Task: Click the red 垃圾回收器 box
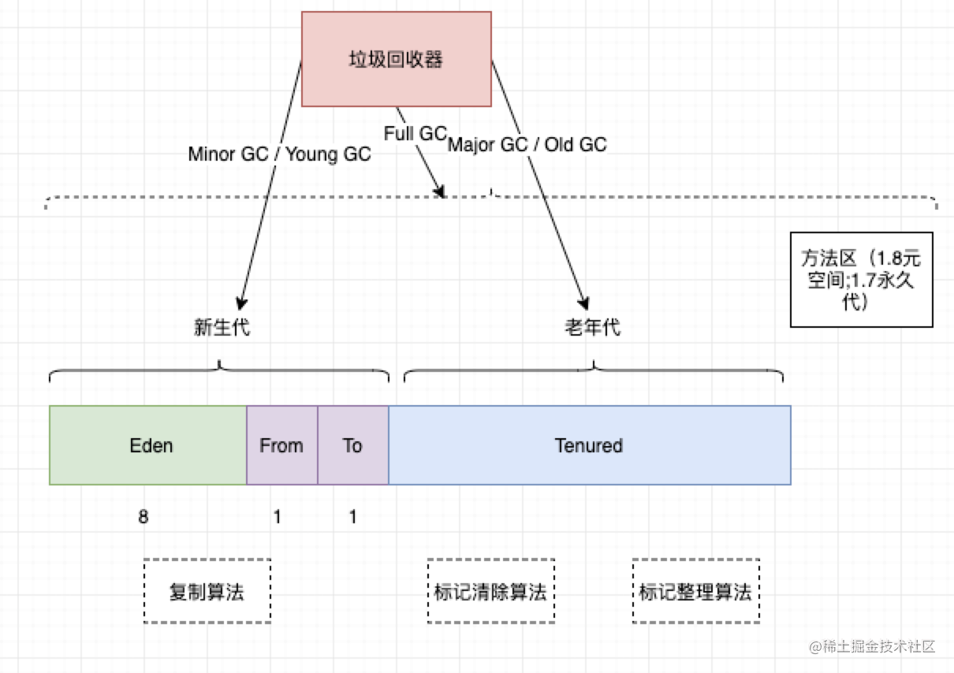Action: [x=397, y=59]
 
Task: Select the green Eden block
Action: [x=148, y=445]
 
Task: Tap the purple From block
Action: [x=281, y=445]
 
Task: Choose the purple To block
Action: [x=352, y=445]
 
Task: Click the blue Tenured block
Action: [x=589, y=445]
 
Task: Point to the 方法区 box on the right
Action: [x=861, y=280]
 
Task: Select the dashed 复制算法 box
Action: [x=207, y=592]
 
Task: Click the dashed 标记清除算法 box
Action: [x=490, y=592]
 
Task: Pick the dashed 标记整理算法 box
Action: [x=695, y=592]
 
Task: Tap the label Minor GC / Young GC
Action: [x=279, y=154]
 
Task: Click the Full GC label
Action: [x=415, y=134]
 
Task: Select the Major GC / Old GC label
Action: [x=527, y=145]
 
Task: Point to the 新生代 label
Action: [x=222, y=328]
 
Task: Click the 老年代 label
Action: [x=592, y=328]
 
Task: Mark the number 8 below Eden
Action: [x=143, y=517]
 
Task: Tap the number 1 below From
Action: [x=277, y=517]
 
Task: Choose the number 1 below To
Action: [x=352, y=517]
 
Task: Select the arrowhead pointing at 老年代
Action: [x=583, y=302]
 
